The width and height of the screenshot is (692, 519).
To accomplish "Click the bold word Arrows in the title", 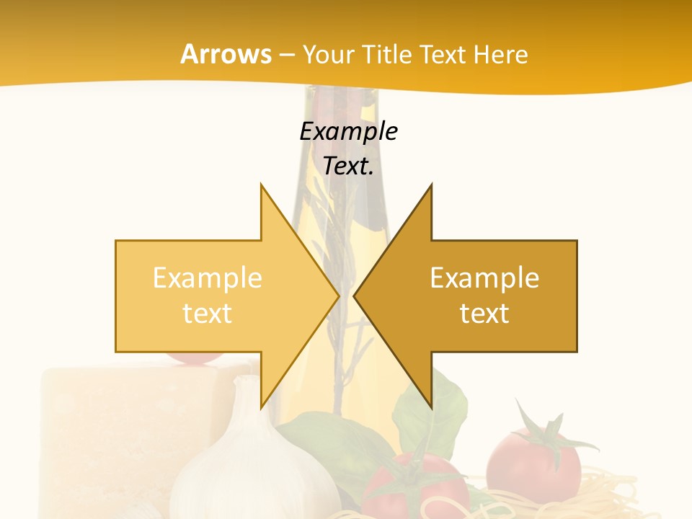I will tap(226, 54).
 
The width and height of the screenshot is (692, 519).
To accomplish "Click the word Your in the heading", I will tap(327, 54).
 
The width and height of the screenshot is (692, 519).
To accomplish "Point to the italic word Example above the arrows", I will tap(348, 131).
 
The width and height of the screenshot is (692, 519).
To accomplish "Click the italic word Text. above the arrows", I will tap(348, 166).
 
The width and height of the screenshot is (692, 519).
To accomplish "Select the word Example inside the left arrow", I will tap(207, 278).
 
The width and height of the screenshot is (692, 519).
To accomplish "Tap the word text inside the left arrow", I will tap(207, 314).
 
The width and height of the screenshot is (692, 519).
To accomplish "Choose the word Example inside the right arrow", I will tap(484, 278).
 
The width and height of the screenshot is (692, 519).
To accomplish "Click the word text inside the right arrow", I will tap(484, 314).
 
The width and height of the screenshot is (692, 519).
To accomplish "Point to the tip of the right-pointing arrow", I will tap(338, 296).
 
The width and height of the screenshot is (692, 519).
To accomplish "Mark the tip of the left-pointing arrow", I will tap(355, 296).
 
